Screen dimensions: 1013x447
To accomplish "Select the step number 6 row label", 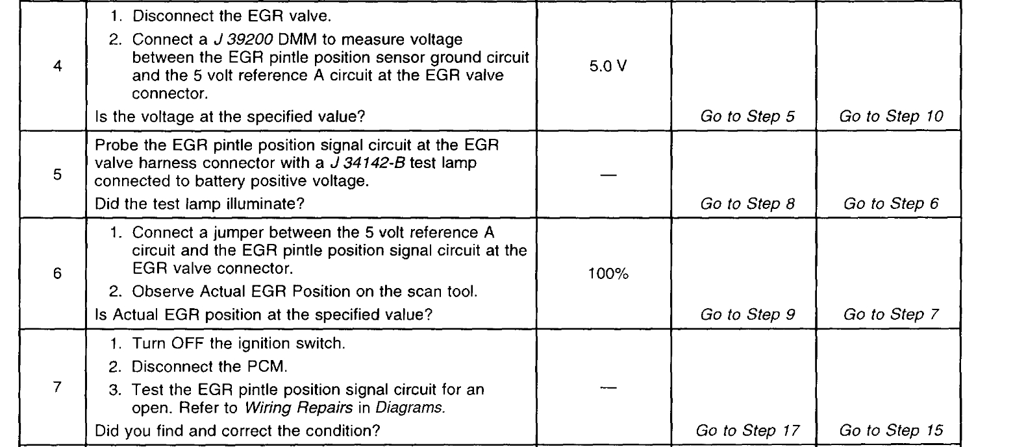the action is click(56, 274).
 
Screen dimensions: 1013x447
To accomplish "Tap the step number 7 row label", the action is click(56, 377).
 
